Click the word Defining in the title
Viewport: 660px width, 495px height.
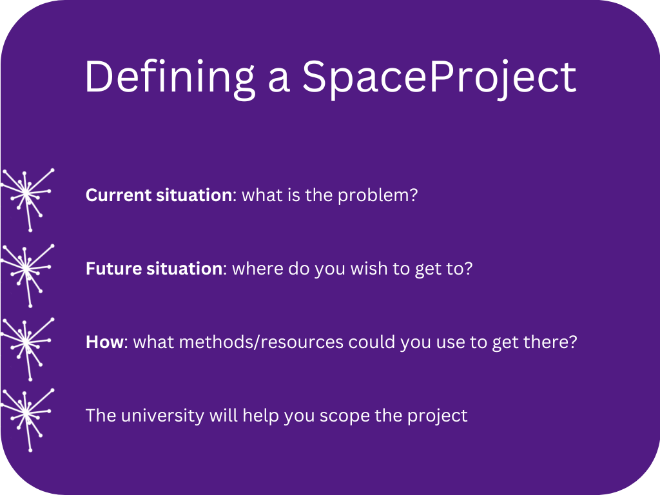coord(170,78)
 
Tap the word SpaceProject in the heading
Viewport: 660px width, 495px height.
coord(440,79)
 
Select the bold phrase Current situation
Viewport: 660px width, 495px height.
coord(159,195)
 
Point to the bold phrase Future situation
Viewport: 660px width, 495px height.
coord(154,269)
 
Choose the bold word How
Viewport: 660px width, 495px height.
coord(104,342)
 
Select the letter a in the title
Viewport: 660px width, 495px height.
coord(278,81)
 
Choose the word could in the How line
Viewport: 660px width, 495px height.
coord(372,342)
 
